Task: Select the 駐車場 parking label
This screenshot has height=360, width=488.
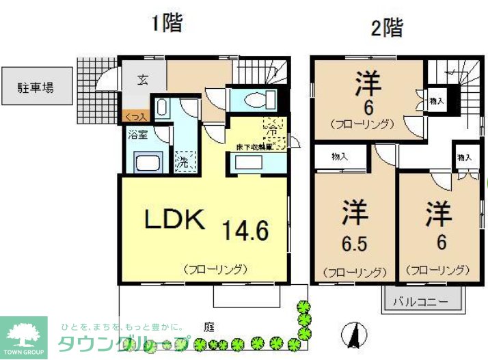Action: (36, 87)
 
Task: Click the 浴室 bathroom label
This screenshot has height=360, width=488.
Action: (138, 134)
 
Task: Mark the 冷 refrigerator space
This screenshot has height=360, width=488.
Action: (272, 127)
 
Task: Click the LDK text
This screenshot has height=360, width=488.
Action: (174, 219)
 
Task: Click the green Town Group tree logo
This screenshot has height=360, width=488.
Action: (23, 335)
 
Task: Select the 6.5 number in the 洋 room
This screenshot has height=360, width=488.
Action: (354, 244)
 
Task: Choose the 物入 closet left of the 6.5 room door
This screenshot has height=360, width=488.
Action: (339, 156)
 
